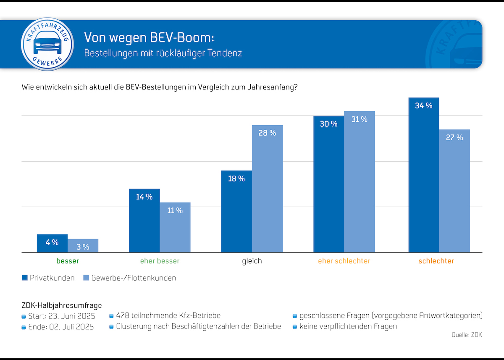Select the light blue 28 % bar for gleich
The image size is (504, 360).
(x=267, y=189)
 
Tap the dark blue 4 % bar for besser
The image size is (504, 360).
(x=52, y=243)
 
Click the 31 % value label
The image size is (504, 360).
(x=360, y=119)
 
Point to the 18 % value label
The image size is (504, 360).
(x=236, y=179)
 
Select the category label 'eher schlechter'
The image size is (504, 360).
(x=344, y=261)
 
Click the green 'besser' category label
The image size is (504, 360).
(x=68, y=261)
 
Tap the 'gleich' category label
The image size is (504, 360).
(x=252, y=261)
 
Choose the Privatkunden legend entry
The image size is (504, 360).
(x=48, y=278)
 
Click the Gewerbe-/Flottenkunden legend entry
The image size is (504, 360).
(x=129, y=278)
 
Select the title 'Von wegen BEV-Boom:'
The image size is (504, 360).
(x=149, y=37)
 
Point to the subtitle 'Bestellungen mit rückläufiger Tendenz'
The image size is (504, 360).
(x=163, y=54)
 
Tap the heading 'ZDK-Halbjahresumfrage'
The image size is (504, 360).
(x=61, y=305)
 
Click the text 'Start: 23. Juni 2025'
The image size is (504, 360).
(x=61, y=316)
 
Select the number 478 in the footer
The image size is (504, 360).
(x=123, y=315)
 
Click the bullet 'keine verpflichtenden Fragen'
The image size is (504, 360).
(x=348, y=326)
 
